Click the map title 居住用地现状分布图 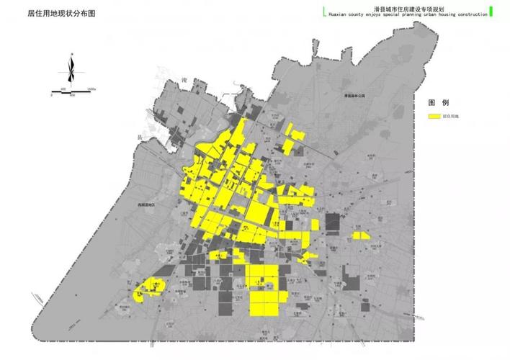(x=61, y=14)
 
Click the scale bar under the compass (x=73, y=92)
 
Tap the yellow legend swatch (x=434, y=115)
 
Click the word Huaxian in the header (x=339, y=14)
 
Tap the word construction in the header (x=470, y=14)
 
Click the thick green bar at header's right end (x=491, y=10)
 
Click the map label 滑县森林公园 (x=354, y=95)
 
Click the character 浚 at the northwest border (x=184, y=78)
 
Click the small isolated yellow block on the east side (x=360, y=235)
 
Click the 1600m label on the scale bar (x=91, y=89)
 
